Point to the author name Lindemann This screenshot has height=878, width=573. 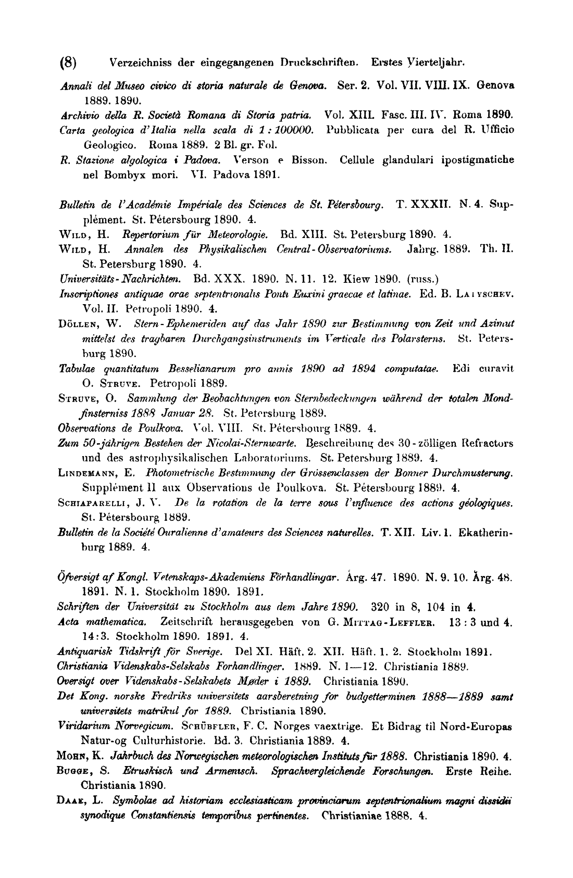83,473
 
